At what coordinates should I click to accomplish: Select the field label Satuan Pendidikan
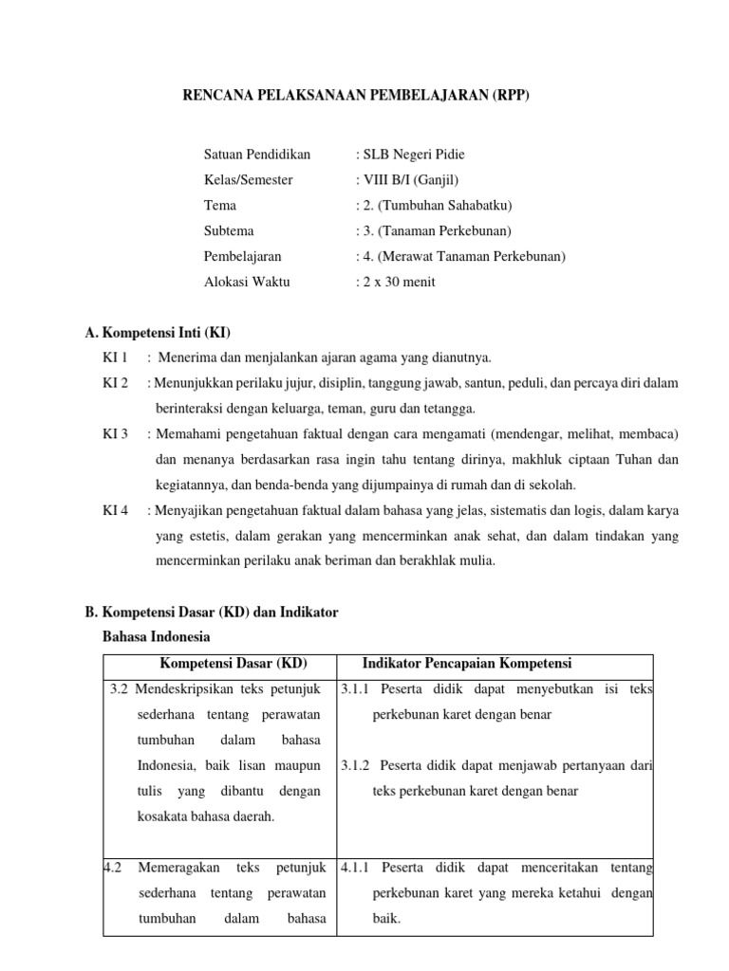256,155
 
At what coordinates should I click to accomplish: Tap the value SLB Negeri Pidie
410,155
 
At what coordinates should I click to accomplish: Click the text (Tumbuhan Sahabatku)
437,206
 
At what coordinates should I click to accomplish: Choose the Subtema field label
229,231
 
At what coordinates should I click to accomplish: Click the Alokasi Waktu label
247,283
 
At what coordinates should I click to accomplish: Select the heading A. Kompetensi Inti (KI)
158,332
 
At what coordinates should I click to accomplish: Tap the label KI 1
115,357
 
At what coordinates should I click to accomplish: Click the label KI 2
115,383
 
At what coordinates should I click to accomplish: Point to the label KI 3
115,434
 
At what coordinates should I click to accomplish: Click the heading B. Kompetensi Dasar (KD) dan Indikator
211,614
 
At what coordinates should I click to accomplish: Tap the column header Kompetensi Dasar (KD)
233,663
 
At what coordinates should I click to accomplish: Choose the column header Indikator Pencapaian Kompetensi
466,663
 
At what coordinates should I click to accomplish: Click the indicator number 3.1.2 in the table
356,765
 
